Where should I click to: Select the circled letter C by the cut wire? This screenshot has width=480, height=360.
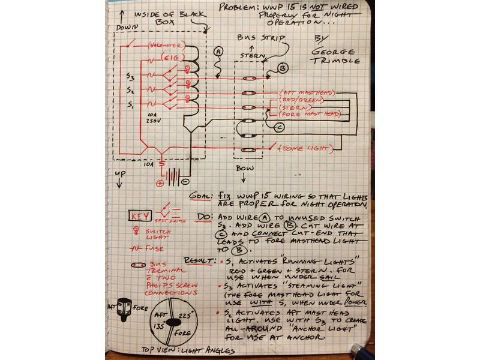tap(278, 127)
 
